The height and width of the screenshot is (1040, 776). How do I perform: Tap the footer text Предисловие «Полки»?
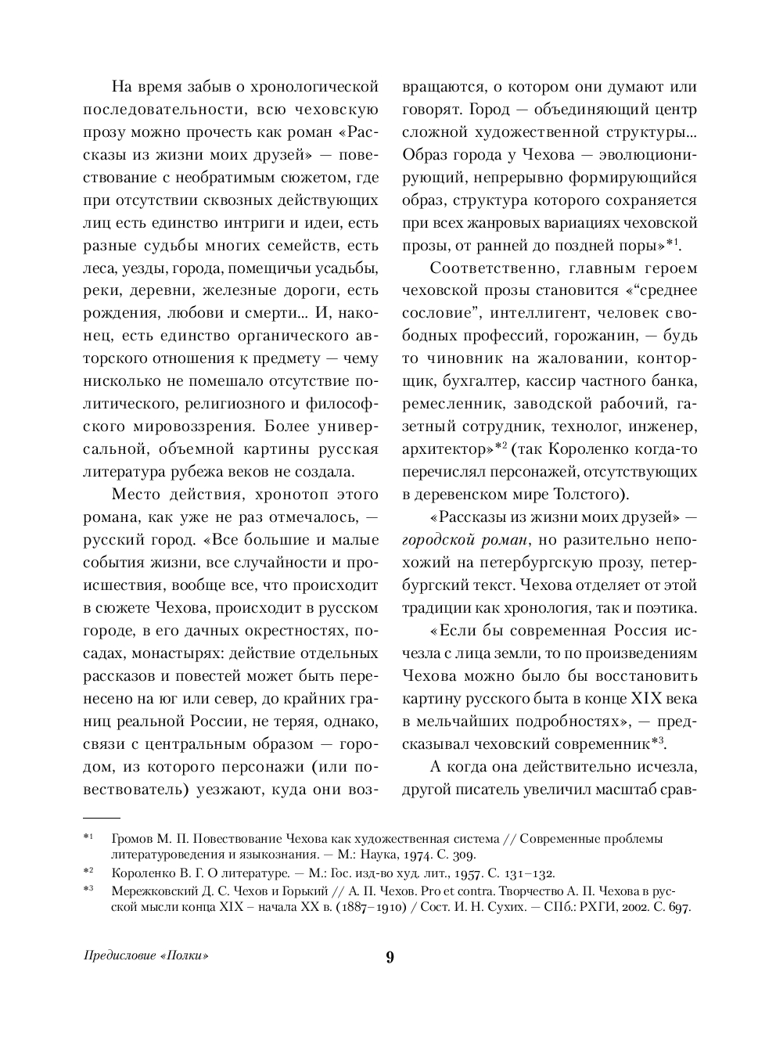click(x=148, y=956)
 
